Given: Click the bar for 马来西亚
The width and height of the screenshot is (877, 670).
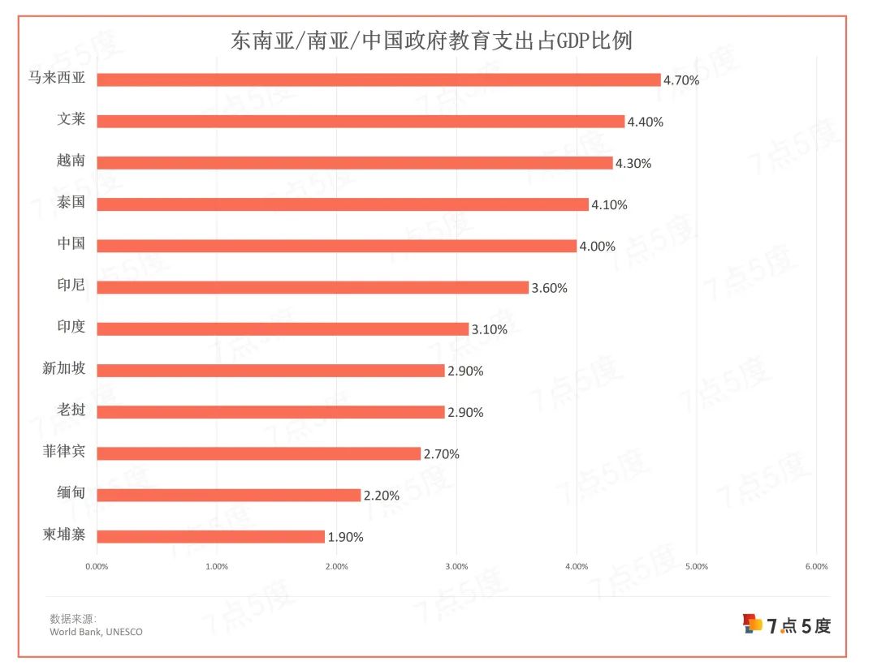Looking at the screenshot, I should pos(378,79).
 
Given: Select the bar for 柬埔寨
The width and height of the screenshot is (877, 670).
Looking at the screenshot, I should pos(210,536).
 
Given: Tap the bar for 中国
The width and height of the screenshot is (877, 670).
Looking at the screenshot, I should pos(336,246).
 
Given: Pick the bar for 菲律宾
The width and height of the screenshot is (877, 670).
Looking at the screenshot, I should pos(258,453).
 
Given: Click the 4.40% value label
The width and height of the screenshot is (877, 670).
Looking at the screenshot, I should pos(646,122).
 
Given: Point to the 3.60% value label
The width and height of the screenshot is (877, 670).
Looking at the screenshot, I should pos(549,288).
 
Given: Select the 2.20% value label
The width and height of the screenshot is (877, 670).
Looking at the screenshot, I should pos(382,496).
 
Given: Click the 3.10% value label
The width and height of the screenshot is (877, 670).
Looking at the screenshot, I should pos(489,329).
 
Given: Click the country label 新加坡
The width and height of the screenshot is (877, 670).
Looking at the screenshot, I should pos(63,369).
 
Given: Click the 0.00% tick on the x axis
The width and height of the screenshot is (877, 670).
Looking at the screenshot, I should pos(97,566).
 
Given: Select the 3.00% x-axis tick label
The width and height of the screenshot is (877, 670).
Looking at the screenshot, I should pos(456,566).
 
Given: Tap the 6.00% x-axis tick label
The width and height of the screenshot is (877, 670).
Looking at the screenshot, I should pos(816,566).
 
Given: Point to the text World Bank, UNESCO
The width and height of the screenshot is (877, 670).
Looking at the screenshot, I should pos(96,632).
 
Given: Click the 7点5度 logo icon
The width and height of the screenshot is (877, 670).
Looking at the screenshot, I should pos(753,624).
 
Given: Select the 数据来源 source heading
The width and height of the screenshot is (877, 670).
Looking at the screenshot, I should pos(72,618).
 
